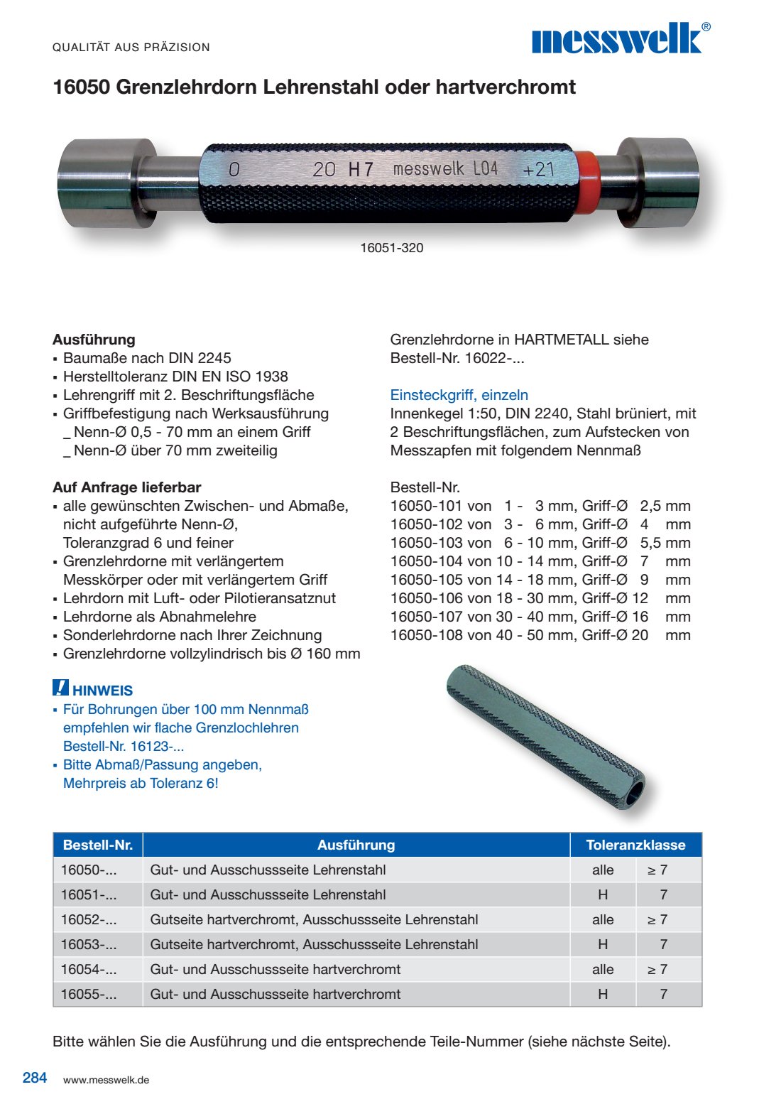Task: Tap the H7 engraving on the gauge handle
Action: coord(361,170)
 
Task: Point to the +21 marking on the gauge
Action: coord(537,171)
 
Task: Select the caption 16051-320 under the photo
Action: coord(392,248)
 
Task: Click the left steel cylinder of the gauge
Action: coord(106,183)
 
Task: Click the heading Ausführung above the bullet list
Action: coord(94,340)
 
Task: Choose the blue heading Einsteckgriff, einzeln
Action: coord(459,395)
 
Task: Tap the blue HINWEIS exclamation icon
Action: coord(60,688)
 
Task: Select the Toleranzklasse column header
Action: coord(635,845)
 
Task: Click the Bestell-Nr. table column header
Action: coord(98,845)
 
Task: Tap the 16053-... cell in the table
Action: coord(89,944)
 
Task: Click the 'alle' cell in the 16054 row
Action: coord(603,969)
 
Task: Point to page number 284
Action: coord(35,1078)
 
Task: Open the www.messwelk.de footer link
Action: coord(106,1080)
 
